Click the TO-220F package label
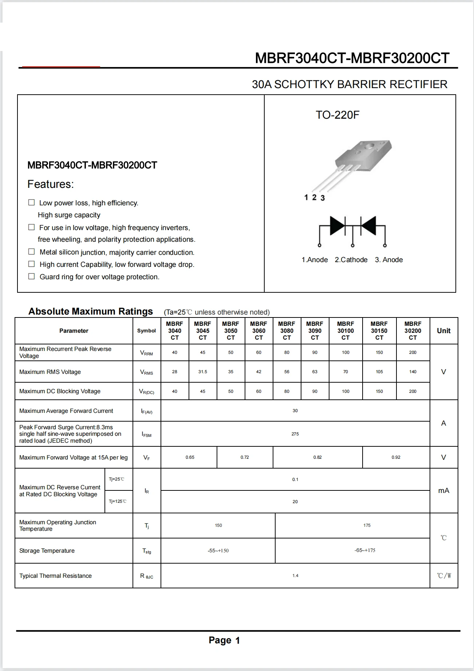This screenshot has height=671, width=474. pos(337,115)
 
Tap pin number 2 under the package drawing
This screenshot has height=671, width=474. pos(314,197)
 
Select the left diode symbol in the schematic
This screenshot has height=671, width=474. pos(337,225)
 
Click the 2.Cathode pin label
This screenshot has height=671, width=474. pos(351,260)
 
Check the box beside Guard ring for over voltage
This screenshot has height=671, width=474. pos(32,276)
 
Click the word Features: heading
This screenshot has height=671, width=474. pos(51,184)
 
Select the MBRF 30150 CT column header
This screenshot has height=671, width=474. pos(379,331)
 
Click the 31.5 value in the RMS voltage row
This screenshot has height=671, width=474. pos(203,372)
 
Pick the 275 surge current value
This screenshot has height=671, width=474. pos(295,434)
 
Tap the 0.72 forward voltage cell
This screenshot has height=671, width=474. pos(245,457)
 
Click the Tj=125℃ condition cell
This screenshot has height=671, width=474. pos(118,501)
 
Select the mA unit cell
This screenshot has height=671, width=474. pos(443,491)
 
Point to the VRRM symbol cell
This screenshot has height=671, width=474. pos(146,353)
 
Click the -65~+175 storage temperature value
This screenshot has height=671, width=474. pos(365,550)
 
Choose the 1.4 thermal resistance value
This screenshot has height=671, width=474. pos(295,576)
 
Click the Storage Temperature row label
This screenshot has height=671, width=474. pos(47,551)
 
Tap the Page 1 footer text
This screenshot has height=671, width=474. pos(224,640)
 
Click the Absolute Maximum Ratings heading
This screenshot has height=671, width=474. pos(91,312)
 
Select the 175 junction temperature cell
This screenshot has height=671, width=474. pos(367,525)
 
